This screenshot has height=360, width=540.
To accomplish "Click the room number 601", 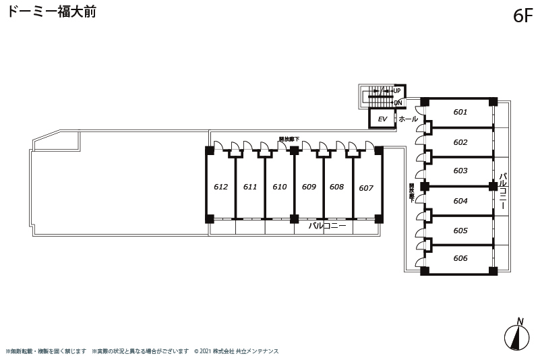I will click(460, 112).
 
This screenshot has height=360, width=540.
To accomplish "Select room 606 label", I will click(460, 258).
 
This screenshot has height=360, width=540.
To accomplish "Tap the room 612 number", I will click(220, 187).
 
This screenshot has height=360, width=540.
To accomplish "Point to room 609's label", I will click(309, 187).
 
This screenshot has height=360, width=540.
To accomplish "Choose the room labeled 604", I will click(460, 201).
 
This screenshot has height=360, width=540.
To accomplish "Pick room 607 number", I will click(366, 188).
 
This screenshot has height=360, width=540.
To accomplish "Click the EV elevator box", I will click(382, 119).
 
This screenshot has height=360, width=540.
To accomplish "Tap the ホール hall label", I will click(408, 119).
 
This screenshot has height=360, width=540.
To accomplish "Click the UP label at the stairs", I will click(397, 91).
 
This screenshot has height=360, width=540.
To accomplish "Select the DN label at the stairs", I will click(398, 103).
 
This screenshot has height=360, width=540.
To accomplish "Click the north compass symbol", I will click(516, 336).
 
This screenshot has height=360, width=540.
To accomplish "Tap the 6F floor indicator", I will click(522, 16).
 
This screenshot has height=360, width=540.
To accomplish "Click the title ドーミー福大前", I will click(52, 12).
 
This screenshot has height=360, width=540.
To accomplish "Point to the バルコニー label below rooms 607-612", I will click(327, 227).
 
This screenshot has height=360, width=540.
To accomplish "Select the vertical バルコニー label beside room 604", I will click(502, 192).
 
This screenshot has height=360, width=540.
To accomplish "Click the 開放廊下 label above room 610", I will click(289, 140).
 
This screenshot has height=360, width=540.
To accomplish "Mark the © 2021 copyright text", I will click(236, 351).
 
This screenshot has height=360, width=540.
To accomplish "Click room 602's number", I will click(460, 142).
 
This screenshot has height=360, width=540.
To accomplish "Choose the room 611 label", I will click(250, 187).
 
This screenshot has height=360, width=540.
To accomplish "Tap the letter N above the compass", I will click(520, 321).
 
